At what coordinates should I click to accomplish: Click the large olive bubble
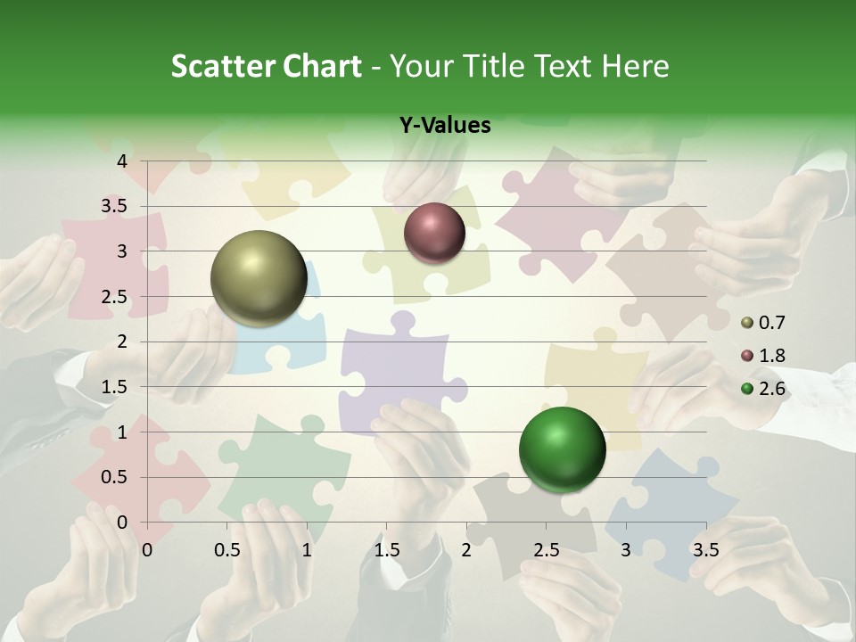tap(259, 278)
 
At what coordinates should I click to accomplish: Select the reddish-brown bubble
tap(434, 233)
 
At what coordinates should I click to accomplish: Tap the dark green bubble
tap(562, 449)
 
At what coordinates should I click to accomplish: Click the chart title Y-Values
tap(444, 125)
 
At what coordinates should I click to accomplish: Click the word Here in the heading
tap(635, 66)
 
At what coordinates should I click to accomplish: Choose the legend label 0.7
tap(771, 323)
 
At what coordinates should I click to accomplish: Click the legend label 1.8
tap(771, 356)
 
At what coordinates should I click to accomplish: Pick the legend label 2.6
tap(771, 388)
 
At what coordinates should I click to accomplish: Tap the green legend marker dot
tap(747, 389)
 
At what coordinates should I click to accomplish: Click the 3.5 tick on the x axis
tap(705, 549)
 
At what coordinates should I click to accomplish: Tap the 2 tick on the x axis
tap(466, 549)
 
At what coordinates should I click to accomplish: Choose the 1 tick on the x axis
tap(307, 549)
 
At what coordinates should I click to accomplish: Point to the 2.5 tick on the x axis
tap(546, 549)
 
